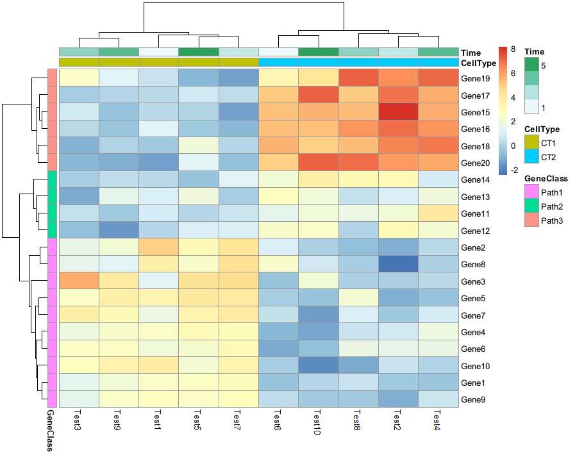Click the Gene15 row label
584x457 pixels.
pyautogui.click(x=475, y=113)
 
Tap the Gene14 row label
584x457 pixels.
pyautogui.click(x=475, y=180)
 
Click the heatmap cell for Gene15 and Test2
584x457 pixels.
pyautogui.click(x=399, y=113)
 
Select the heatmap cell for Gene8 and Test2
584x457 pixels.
pyautogui.click(x=399, y=264)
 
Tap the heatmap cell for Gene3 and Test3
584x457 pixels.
pyautogui.click(x=79, y=281)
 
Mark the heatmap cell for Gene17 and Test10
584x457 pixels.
pyautogui.click(x=319, y=96)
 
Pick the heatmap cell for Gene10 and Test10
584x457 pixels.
pyautogui.click(x=319, y=365)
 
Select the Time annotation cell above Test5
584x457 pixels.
pyautogui.click(x=199, y=52)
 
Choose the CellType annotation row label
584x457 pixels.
pyautogui.click(x=479, y=63)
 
